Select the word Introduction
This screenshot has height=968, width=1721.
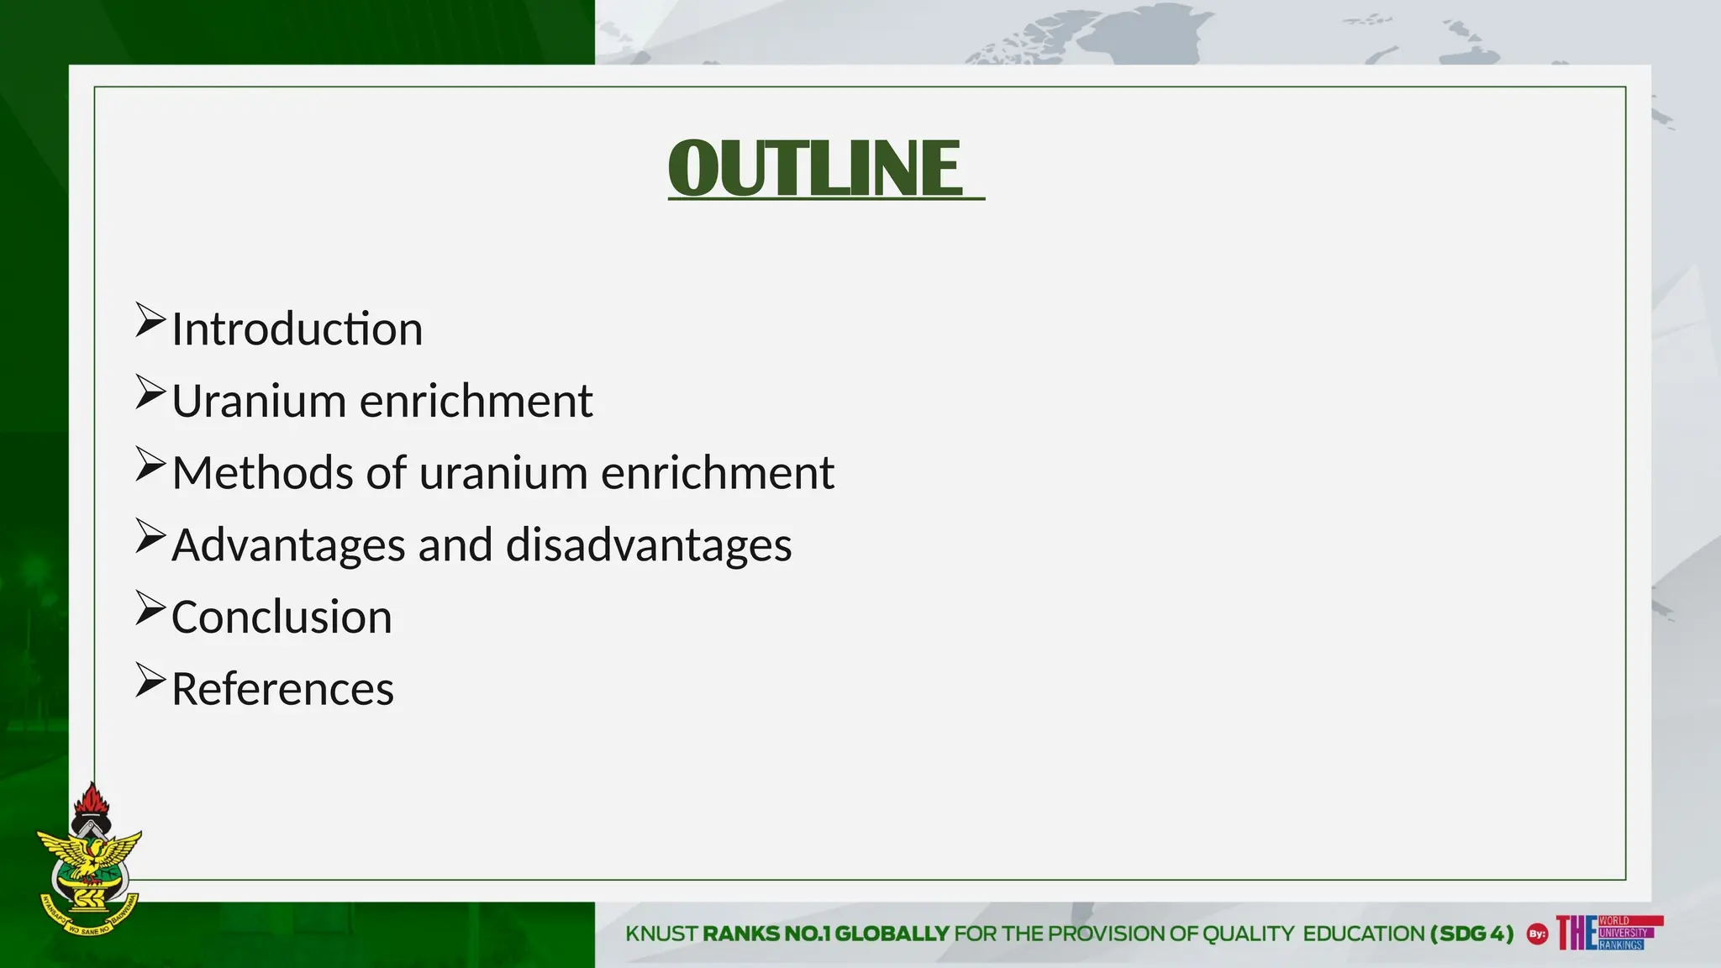(297, 329)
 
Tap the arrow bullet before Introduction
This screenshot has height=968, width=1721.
(150, 321)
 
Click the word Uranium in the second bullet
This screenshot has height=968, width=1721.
(259, 401)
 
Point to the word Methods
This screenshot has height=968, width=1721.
(262, 473)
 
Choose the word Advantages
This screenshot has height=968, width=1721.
(290, 545)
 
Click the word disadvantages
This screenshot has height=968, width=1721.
(649, 545)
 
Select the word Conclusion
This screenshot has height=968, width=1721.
(282, 618)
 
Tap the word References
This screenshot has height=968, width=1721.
(282, 690)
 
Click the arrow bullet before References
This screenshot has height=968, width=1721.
(150, 681)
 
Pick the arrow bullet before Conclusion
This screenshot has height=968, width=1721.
(150, 609)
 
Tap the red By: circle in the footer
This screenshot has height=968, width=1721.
(1537, 934)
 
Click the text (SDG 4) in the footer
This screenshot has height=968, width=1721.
(1471, 934)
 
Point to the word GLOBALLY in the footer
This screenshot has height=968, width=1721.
(892, 934)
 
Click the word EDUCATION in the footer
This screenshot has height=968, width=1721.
(1364, 934)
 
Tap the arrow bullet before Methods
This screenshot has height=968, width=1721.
(150, 465)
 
